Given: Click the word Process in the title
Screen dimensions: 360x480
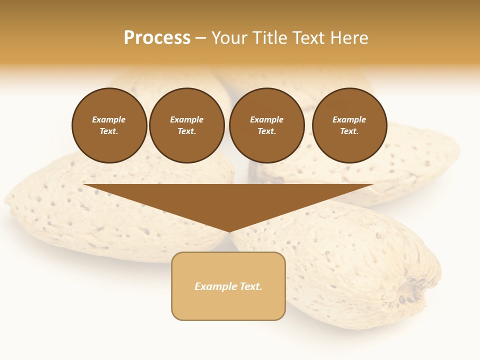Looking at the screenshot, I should (x=157, y=38).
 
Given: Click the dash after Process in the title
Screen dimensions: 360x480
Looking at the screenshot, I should (x=201, y=38).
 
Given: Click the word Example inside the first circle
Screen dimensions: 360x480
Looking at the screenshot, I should (x=109, y=119).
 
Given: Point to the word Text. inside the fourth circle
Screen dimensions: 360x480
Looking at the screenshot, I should (x=349, y=131).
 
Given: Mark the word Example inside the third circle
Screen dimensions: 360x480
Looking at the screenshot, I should (x=266, y=119).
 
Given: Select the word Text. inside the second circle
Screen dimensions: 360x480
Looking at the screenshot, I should (x=186, y=131).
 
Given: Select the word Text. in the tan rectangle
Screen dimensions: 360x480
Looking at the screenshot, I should (x=250, y=286).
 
